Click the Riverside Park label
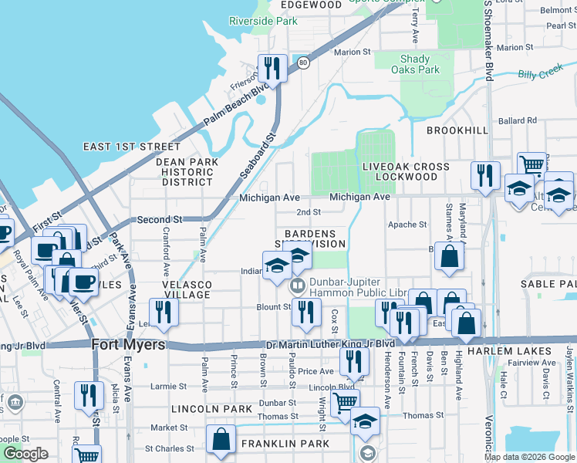coord(263,21)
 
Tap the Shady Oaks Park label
coord(420,64)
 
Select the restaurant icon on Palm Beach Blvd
coord(272,69)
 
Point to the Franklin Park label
coord(285,444)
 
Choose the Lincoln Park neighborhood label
coord(211,408)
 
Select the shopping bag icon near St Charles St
coord(221,439)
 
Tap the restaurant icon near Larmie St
coord(89,396)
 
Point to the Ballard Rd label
coord(517,120)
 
